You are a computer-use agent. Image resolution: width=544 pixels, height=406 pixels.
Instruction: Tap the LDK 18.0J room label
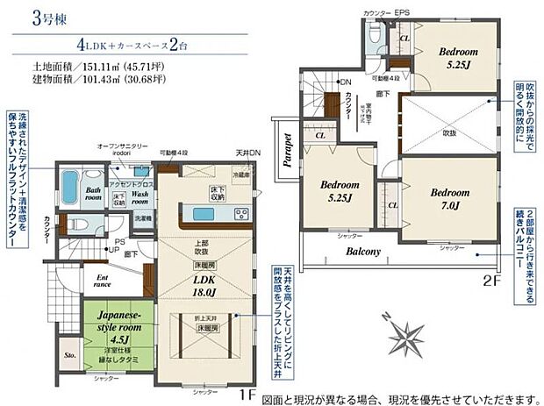204,285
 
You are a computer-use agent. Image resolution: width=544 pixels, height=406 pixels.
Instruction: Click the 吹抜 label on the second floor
449,132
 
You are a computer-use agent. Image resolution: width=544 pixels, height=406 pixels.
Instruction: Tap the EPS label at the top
402,12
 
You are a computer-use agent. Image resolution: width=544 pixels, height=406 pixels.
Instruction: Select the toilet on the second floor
374,34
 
